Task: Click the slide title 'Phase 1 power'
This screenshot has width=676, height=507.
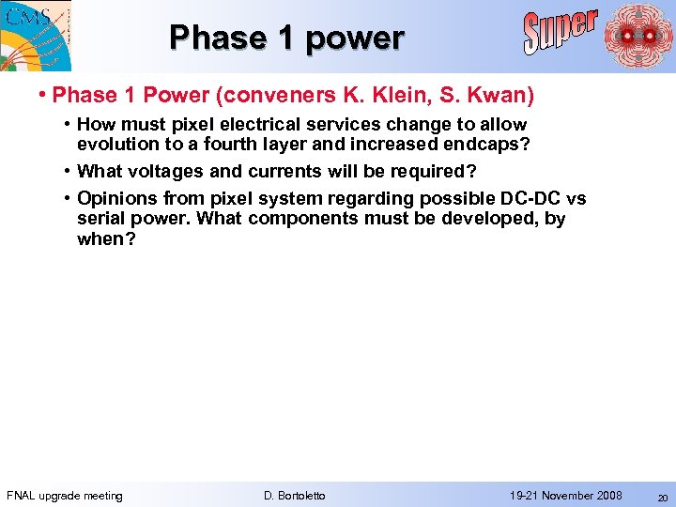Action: point(286,38)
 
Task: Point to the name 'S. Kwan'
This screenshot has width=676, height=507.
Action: point(479,95)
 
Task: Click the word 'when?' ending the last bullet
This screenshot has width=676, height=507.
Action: point(106,238)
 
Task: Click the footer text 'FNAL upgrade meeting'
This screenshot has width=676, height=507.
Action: point(65,496)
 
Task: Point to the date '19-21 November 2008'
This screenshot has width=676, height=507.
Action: point(565,496)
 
